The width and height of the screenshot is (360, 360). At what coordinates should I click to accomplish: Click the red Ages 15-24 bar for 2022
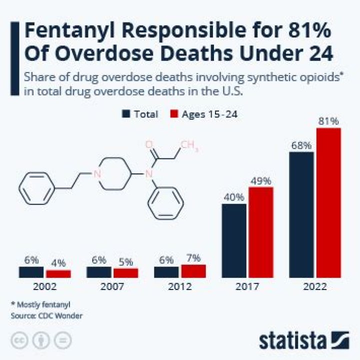click(x=328, y=203)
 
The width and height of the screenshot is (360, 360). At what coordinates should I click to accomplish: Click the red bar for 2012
click(x=193, y=271)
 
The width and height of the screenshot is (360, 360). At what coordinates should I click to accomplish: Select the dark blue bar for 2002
click(x=31, y=272)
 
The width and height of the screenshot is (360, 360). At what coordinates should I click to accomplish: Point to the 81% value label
click(x=328, y=121)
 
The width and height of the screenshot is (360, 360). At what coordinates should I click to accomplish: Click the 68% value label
click(x=301, y=145)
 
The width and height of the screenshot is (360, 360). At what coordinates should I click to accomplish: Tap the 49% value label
click(x=261, y=180)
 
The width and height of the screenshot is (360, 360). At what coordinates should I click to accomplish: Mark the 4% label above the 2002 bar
click(x=58, y=262)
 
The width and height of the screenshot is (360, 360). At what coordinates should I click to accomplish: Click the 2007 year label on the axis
click(x=112, y=287)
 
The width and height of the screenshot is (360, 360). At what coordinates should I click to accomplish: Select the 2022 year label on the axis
click(x=314, y=287)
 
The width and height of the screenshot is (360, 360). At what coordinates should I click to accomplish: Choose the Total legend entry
click(x=140, y=114)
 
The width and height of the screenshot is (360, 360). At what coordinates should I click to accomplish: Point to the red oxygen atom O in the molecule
click(x=148, y=145)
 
